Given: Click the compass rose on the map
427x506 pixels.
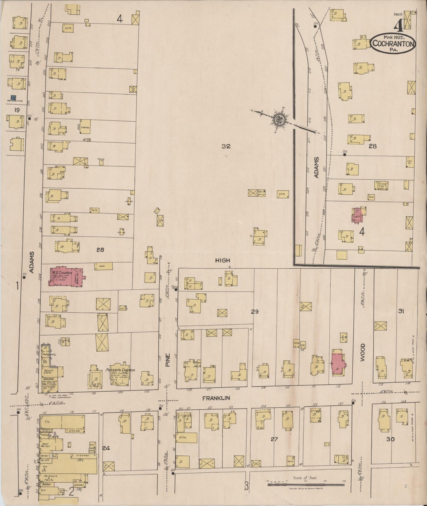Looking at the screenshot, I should [278, 120].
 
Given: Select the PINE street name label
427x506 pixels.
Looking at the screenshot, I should [168, 360].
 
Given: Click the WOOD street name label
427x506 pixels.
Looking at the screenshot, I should [363, 352].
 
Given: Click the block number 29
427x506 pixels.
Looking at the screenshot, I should [255, 311].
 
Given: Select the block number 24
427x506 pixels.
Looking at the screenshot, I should [106, 448].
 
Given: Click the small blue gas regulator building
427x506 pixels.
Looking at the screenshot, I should [13, 97].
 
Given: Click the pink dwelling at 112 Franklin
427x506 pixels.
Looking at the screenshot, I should [339, 363].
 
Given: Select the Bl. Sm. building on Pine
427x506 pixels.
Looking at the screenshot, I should [187, 438].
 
